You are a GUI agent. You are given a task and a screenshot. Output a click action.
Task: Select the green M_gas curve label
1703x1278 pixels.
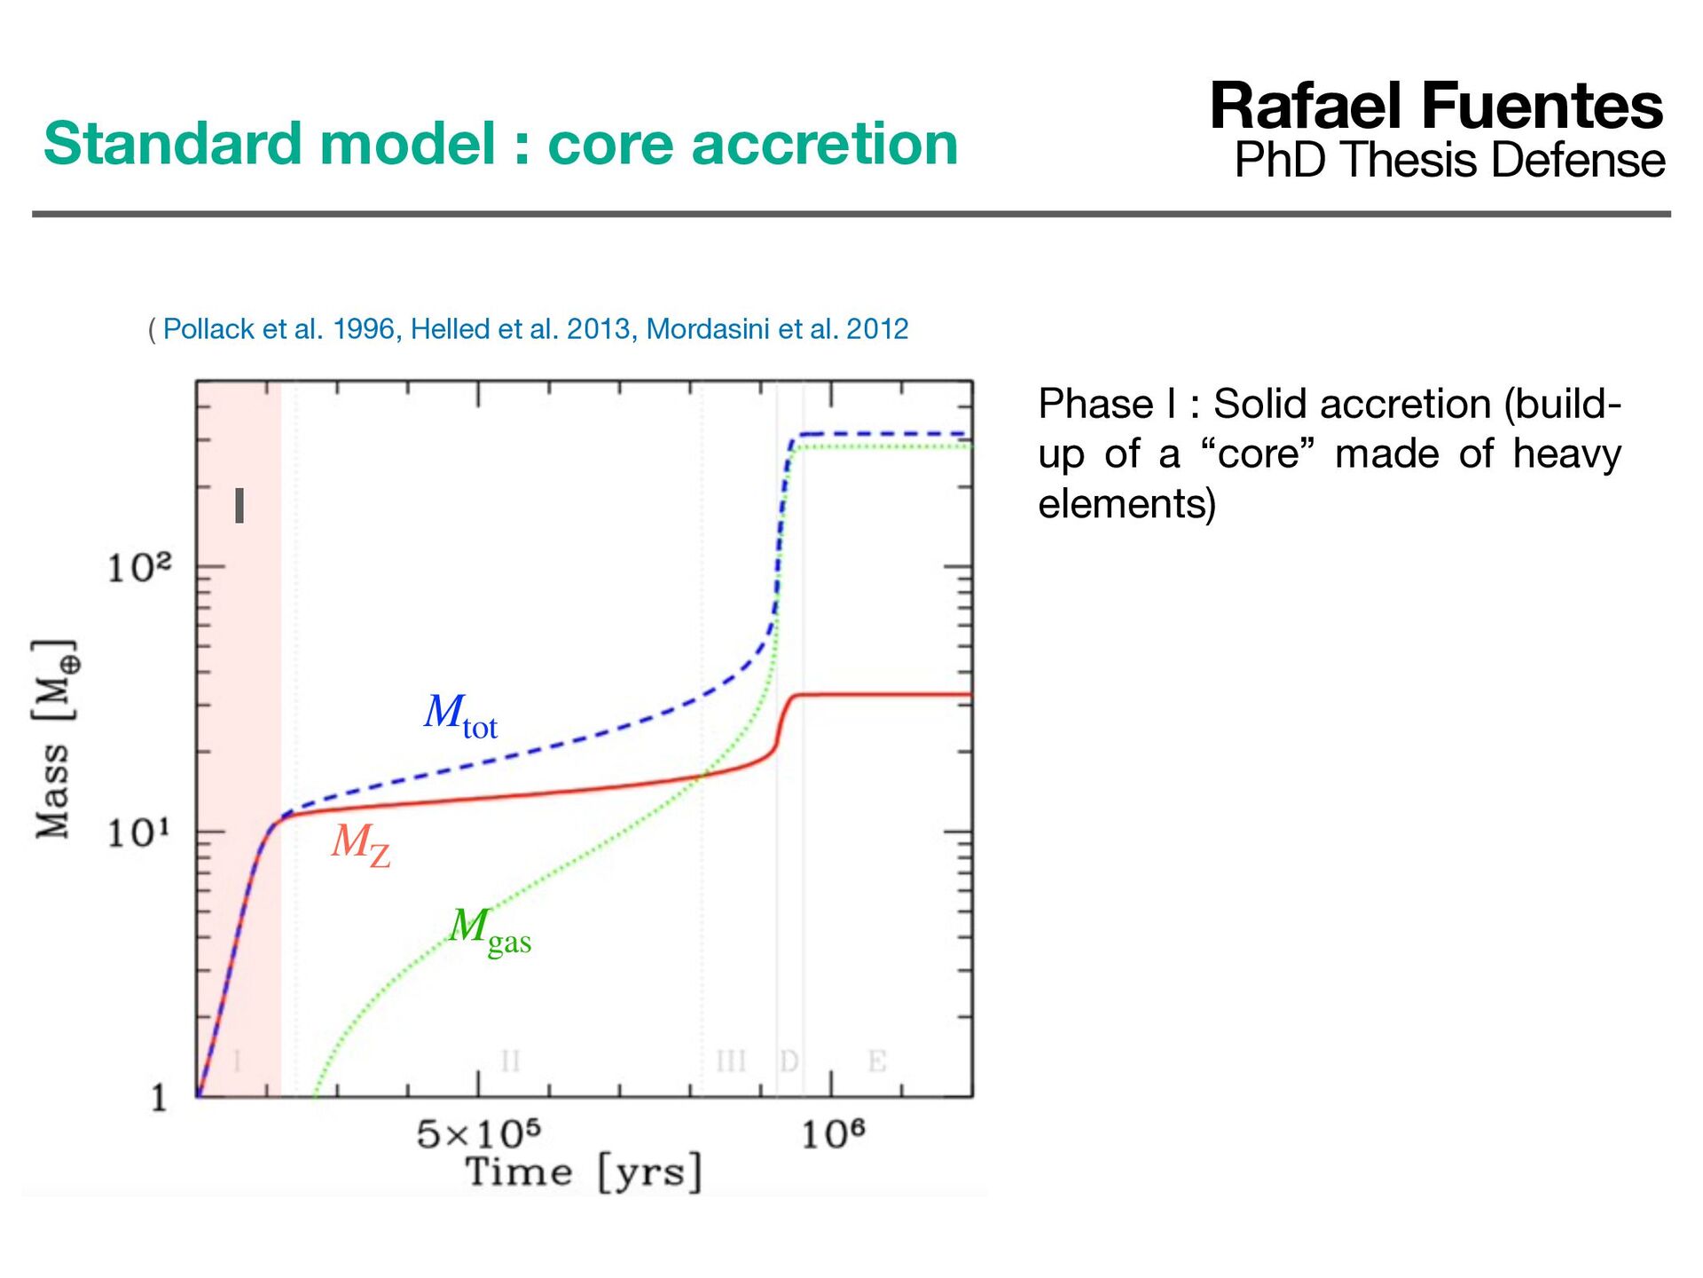click(490, 931)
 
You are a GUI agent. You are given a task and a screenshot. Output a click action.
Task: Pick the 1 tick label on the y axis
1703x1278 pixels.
click(159, 1099)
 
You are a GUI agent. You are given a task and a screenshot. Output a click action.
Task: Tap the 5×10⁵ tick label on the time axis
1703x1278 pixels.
click(478, 1134)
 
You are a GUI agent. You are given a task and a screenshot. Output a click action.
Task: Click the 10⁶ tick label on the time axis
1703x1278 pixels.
click(832, 1134)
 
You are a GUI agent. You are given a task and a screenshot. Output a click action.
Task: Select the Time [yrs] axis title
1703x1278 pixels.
click(584, 1173)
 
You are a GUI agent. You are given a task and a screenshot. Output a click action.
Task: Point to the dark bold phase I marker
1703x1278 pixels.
click(239, 506)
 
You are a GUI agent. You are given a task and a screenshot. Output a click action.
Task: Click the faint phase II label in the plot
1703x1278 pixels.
click(510, 1061)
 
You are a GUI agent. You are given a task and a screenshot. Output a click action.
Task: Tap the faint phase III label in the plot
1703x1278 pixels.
click(731, 1061)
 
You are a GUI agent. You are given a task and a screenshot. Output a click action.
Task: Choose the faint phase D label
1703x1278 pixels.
click(789, 1061)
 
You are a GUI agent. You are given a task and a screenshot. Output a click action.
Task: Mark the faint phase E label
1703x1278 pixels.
click(876, 1061)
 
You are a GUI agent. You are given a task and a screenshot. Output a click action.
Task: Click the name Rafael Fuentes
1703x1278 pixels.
click(1436, 106)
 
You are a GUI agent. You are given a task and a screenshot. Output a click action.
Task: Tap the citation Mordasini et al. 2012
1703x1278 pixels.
click(777, 329)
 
